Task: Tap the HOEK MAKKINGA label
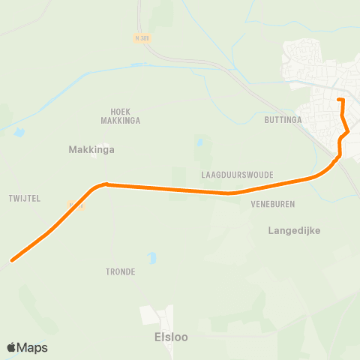coord(120,115)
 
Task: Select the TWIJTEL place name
coord(25,198)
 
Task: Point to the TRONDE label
coord(120,271)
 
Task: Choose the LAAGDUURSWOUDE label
coord(237,175)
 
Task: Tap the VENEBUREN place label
coord(273,203)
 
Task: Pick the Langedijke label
coord(294,230)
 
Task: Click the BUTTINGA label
coord(283,119)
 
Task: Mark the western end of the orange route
coord(13,260)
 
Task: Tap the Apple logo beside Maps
coord(12,347)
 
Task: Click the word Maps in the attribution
coord(32,347)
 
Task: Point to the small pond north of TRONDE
coord(152,258)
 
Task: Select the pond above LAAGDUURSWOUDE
coord(199,142)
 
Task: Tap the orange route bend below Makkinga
coord(105,184)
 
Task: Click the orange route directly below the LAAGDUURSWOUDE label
coord(232,193)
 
